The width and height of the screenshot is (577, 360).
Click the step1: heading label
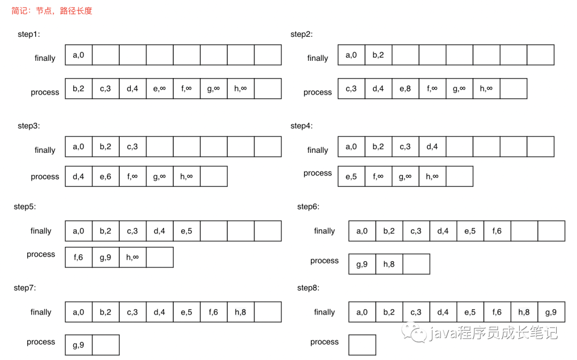coord(28,34)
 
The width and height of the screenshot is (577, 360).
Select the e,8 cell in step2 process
coord(405,89)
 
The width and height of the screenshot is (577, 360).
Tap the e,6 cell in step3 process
coord(105,176)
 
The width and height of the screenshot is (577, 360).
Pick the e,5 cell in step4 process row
coord(351,176)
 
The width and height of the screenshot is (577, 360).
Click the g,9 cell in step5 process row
coord(105,257)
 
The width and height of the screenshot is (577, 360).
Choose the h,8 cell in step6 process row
coord(389,264)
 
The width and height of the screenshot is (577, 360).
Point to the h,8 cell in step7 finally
coord(240,312)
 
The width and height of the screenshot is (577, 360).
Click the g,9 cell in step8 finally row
coord(551,312)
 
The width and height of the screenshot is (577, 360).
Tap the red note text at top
coord(52,11)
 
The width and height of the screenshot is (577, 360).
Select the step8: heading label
coord(308,288)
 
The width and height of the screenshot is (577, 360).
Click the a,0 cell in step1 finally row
coord(79,54)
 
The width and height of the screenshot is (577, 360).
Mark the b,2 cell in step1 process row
coord(79,89)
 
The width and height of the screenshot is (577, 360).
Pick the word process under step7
coord(41,342)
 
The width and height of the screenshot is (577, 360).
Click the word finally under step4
coord(317,150)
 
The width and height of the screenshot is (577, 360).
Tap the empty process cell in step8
coord(362,345)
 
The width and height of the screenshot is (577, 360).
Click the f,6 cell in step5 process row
coord(79,257)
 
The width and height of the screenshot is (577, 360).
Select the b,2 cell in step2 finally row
coord(378,54)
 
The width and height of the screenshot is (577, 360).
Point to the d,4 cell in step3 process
coord(79,176)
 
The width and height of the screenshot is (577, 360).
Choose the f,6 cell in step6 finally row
coord(497,231)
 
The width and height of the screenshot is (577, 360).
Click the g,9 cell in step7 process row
coord(79,345)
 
